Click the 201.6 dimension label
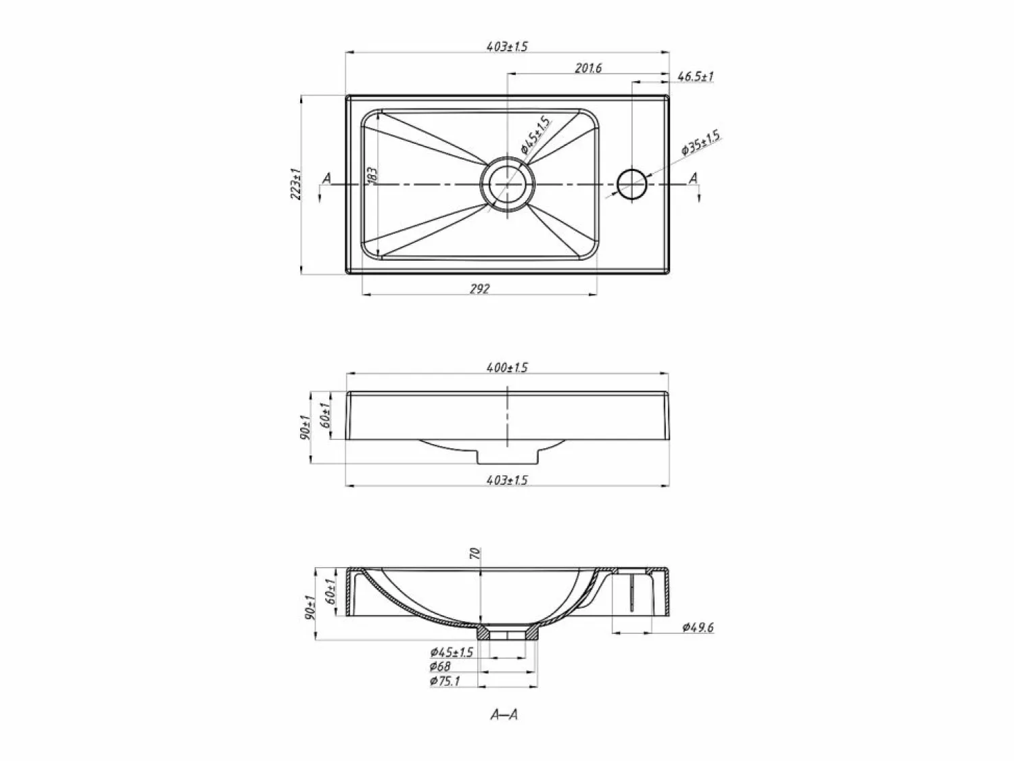click(x=588, y=68)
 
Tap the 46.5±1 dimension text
click(x=696, y=76)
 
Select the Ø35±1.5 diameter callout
click(x=701, y=143)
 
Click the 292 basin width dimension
click(x=479, y=289)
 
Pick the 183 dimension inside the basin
click(x=372, y=176)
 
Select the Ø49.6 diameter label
click(x=698, y=627)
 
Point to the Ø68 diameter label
click(x=440, y=666)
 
